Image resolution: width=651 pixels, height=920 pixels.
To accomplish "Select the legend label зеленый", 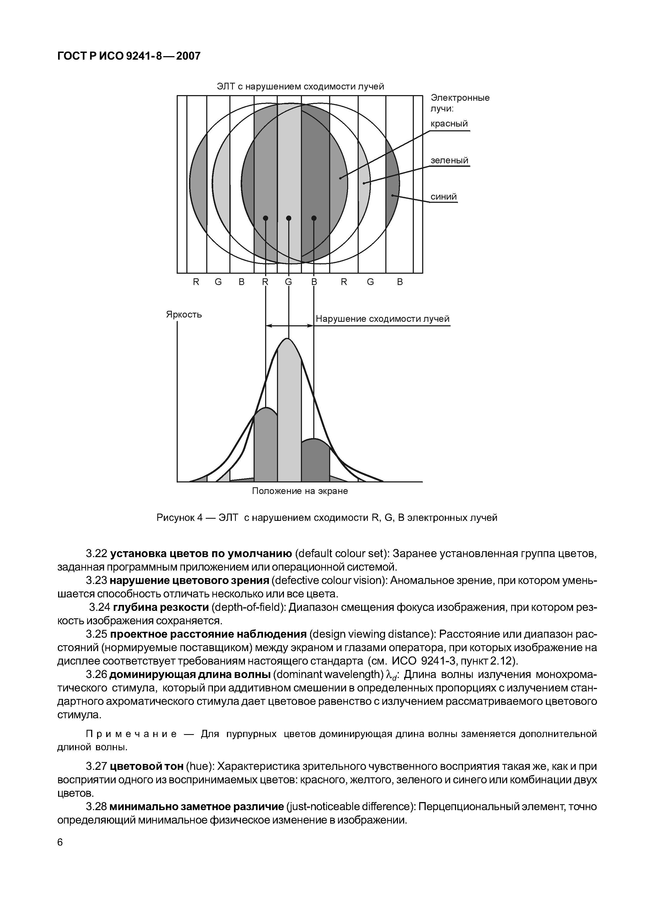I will (x=449, y=160).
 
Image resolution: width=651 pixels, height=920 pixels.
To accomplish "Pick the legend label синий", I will (x=443, y=197).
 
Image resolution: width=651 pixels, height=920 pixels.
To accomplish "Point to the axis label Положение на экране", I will (x=300, y=491).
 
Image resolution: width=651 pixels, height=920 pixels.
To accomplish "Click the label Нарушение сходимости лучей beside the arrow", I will (x=382, y=319).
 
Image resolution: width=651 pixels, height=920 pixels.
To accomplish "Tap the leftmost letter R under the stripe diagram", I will (x=196, y=282).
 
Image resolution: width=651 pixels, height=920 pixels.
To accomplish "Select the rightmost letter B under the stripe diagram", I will (x=400, y=282).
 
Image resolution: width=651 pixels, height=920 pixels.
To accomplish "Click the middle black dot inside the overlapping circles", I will (x=289, y=218).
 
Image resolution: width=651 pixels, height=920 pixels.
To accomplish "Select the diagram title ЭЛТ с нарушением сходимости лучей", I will (x=300, y=86).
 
